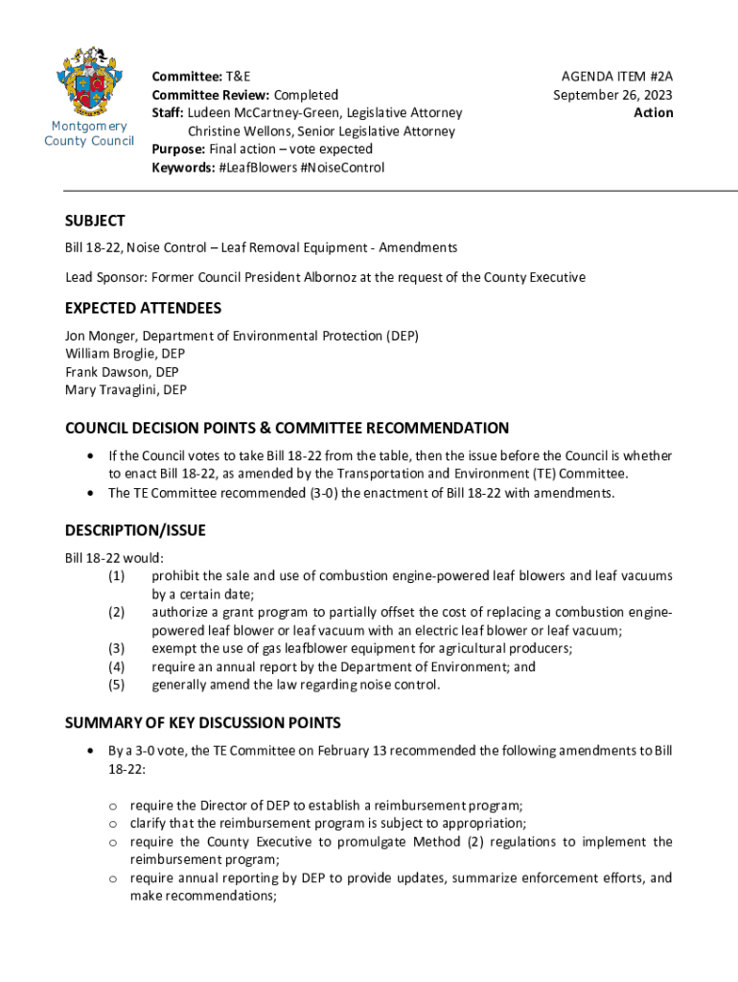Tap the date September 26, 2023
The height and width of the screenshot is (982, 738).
[612, 94]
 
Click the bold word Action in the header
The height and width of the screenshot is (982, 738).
[654, 112]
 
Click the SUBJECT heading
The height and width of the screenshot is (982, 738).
[95, 221]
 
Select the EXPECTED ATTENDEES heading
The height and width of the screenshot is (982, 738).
[143, 309]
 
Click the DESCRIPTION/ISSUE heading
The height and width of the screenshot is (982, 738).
[135, 530]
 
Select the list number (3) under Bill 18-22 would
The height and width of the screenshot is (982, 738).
[116, 648]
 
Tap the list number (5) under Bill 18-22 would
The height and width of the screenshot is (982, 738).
[116, 685]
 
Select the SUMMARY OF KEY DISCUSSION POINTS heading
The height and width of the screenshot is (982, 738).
[202, 723]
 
